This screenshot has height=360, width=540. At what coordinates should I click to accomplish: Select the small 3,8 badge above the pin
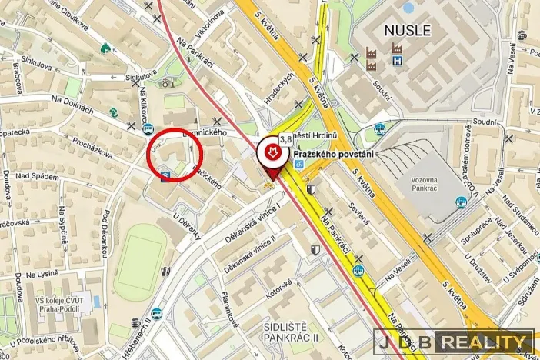[x=285, y=139]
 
